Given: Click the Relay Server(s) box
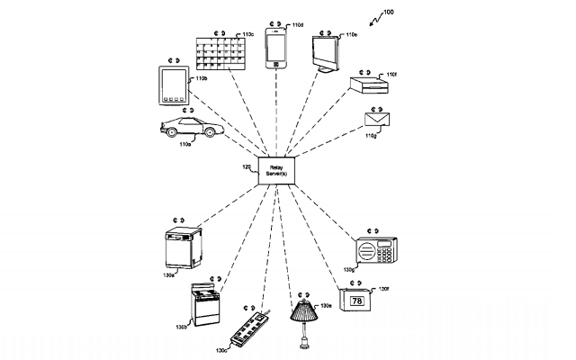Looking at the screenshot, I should tap(275, 170).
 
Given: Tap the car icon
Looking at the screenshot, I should tap(187, 127).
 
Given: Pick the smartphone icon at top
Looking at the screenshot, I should tap(275, 49).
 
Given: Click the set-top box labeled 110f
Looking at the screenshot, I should tap(369, 86).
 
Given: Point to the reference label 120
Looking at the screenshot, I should tap(246, 166).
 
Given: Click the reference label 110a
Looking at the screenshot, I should tap(184, 144).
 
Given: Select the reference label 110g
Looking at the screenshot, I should tap(370, 137).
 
